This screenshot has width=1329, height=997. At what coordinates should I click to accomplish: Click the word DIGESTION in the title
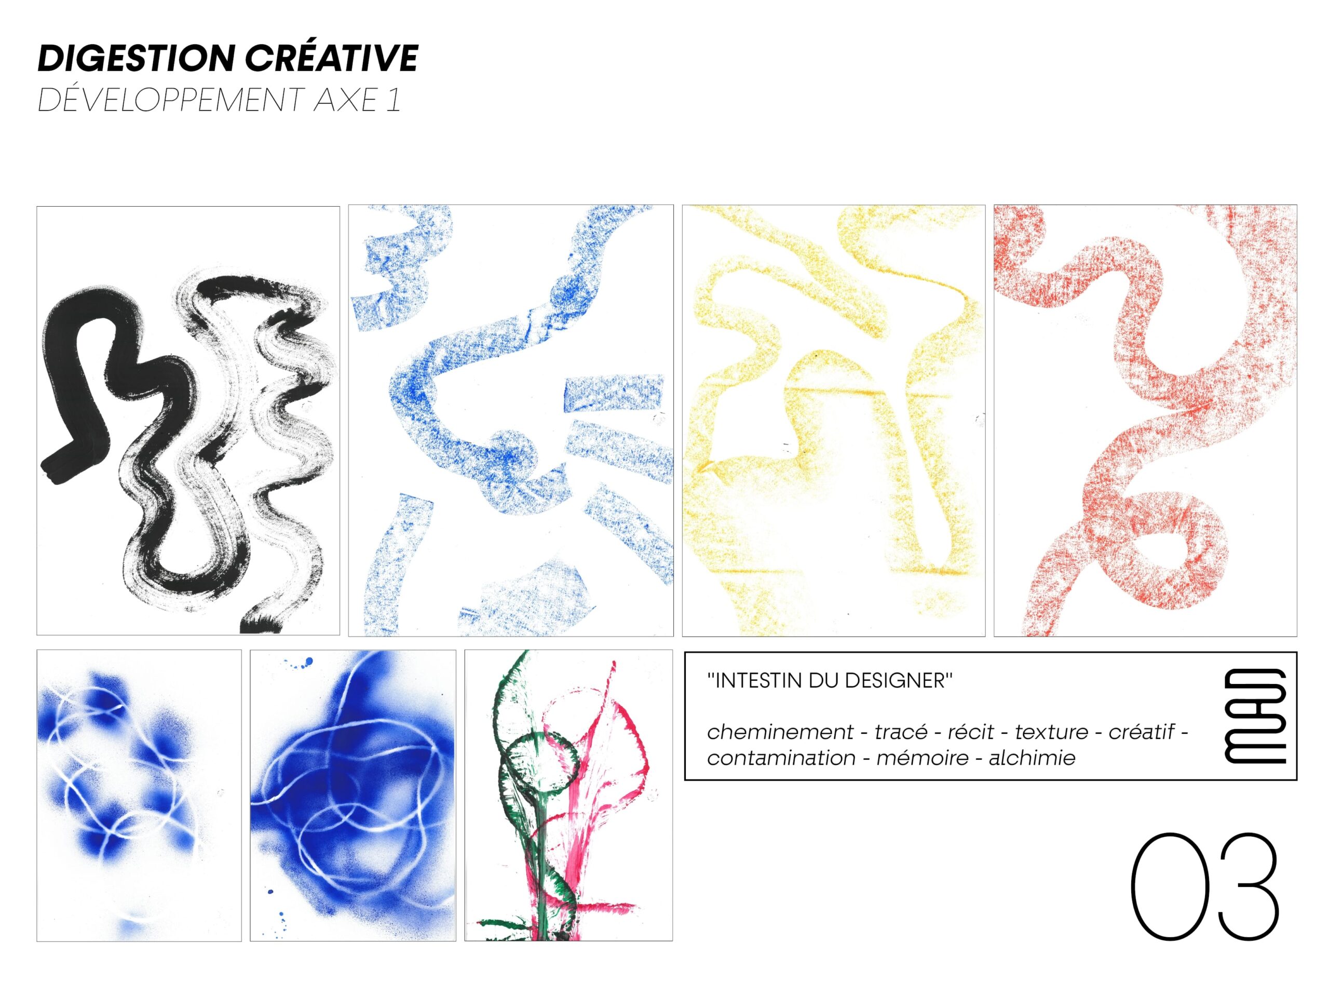[137, 59]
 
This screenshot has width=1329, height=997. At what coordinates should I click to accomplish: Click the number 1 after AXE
[394, 101]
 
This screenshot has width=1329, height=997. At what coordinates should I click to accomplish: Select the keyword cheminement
[780, 732]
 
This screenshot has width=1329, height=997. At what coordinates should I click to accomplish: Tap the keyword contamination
[781, 759]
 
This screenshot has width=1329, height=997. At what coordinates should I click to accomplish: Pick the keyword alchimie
[1032, 759]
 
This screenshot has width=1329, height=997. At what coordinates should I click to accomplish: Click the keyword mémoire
[923, 759]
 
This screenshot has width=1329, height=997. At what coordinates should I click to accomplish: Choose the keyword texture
[1051, 732]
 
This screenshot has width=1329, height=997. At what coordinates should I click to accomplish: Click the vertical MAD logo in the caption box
[1254, 716]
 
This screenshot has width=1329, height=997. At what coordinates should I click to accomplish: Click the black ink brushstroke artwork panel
[188, 421]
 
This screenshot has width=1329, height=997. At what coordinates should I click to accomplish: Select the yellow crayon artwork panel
[833, 421]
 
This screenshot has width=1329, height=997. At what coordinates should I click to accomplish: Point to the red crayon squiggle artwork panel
[1145, 421]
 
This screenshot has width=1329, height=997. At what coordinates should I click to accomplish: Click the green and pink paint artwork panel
[568, 795]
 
